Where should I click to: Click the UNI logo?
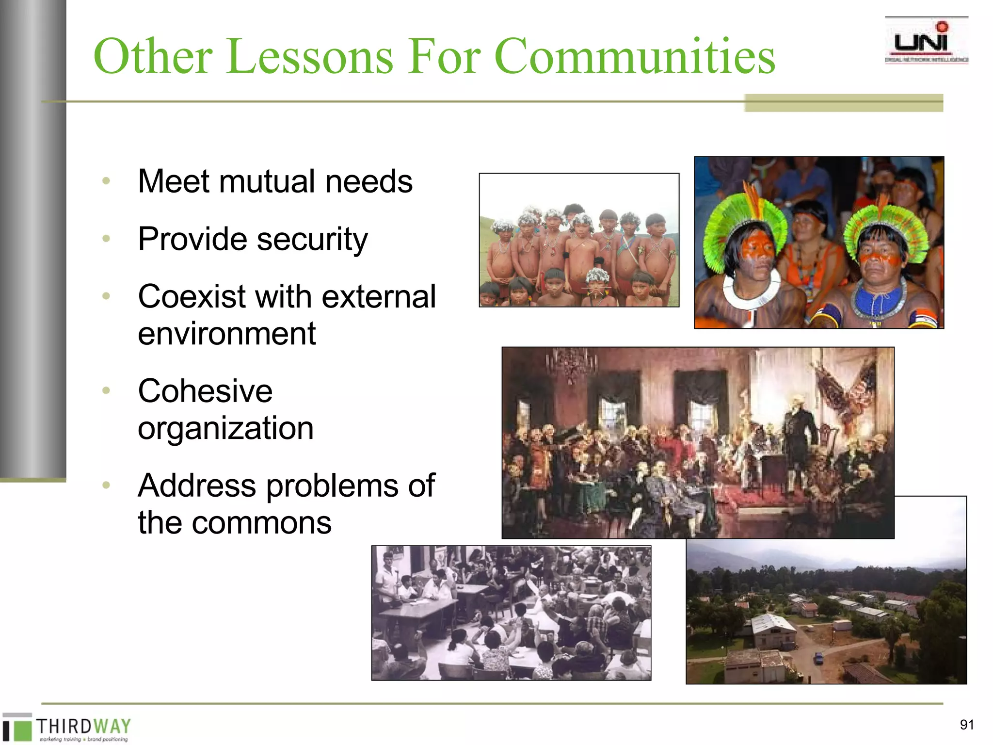point(926,42)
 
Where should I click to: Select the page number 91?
point(967,725)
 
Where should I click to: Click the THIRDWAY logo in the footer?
point(68,728)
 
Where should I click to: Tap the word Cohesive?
point(205,391)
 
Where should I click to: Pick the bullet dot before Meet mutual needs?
point(106,181)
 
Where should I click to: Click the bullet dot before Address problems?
point(106,485)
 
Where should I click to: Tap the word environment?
point(226,334)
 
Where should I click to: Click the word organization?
point(225,428)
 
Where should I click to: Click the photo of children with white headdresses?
point(579,240)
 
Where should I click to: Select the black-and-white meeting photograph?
point(511,613)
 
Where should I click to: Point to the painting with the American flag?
point(698,442)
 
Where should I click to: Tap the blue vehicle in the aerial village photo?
point(818,658)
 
